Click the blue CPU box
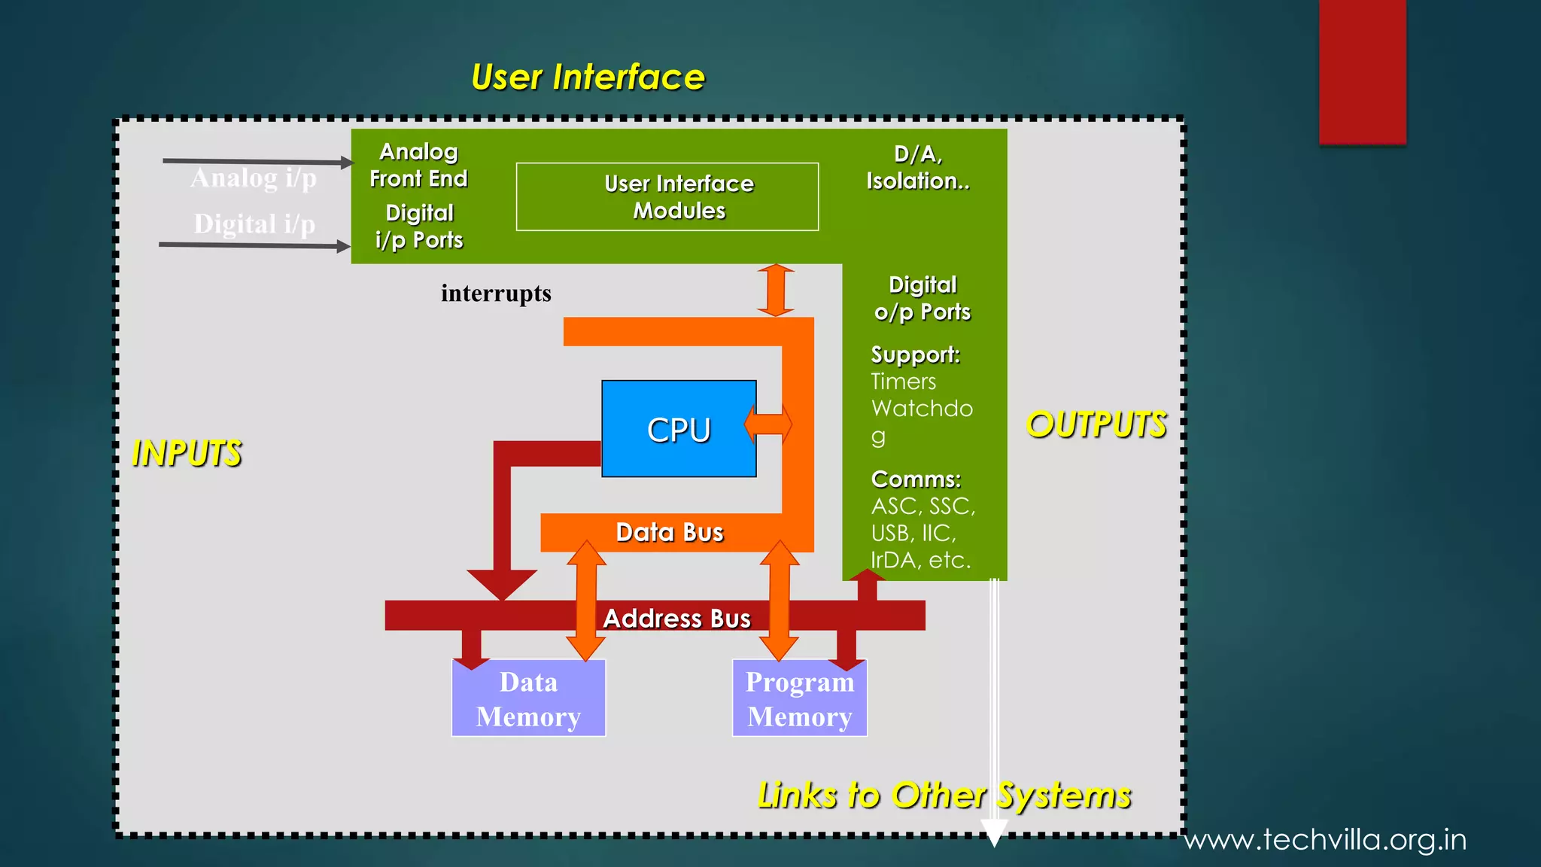point(678,429)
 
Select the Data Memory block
point(528,699)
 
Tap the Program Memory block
point(799,699)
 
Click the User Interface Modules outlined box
point(667,196)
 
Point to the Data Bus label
point(669,532)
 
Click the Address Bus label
point(676,618)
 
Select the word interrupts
point(496,293)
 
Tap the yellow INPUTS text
point(187,453)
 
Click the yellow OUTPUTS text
point(1096,424)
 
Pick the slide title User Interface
point(588,77)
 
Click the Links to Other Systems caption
point(944,795)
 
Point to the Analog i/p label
point(254,178)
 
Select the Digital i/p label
point(254,224)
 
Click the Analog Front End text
point(418,165)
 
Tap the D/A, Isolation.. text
point(918,167)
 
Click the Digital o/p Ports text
point(922,298)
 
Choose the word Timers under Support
point(903,382)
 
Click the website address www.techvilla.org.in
point(1325,839)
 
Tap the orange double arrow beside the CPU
point(768,424)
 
